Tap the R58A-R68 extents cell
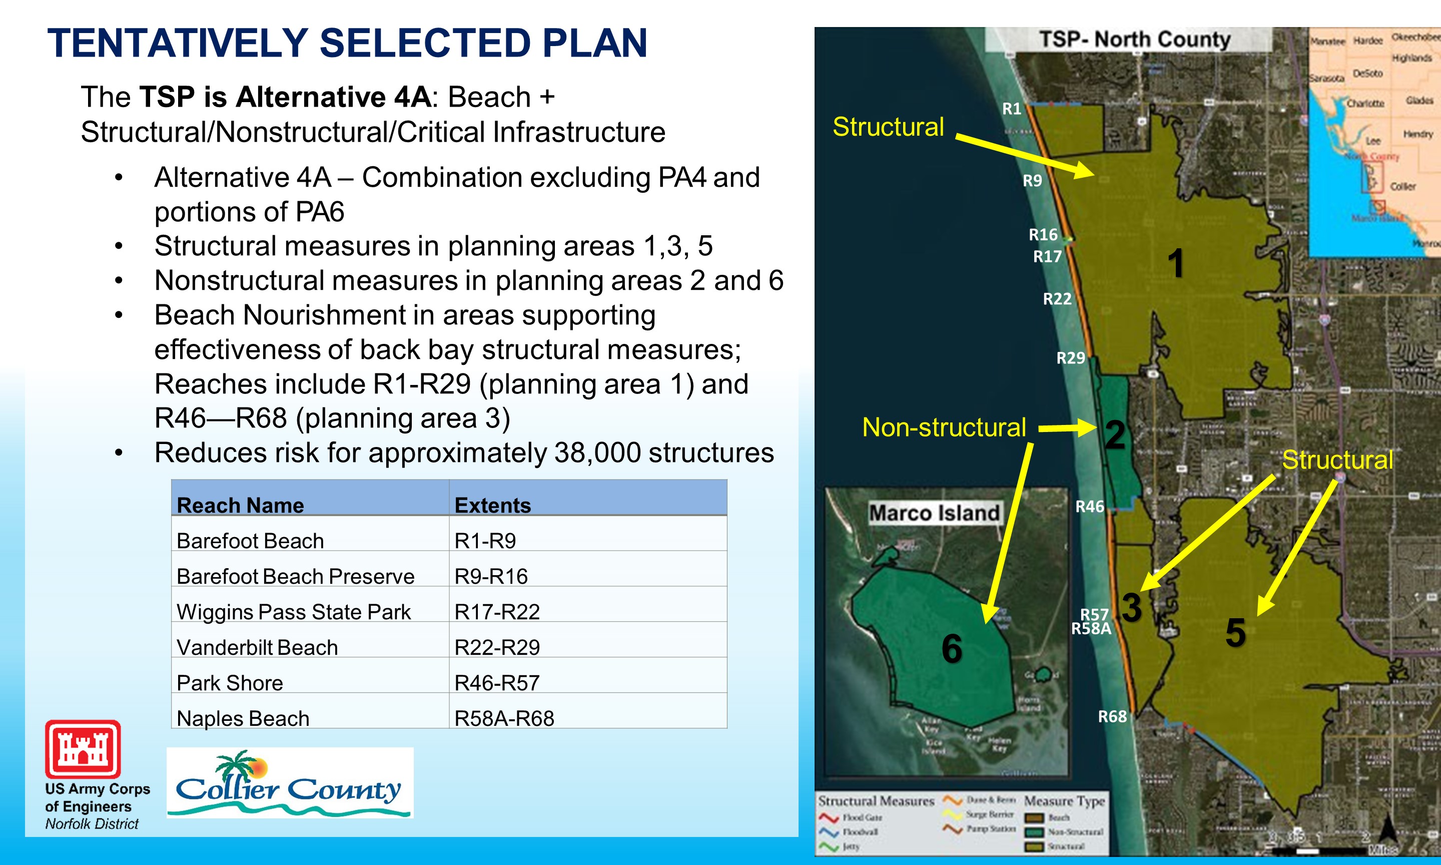(504, 718)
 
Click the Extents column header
(492, 505)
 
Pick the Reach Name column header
(240, 505)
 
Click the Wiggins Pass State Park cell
(294, 611)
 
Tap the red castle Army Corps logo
(83, 749)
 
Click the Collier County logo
(290, 783)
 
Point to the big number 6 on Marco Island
(952, 648)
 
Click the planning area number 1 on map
(1176, 262)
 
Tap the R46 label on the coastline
(1089, 506)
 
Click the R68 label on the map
(1112, 716)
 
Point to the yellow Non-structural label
(944, 427)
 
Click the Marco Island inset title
(934, 513)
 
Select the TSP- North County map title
(1135, 40)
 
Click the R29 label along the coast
(1071, 358)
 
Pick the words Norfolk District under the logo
(92, 823)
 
